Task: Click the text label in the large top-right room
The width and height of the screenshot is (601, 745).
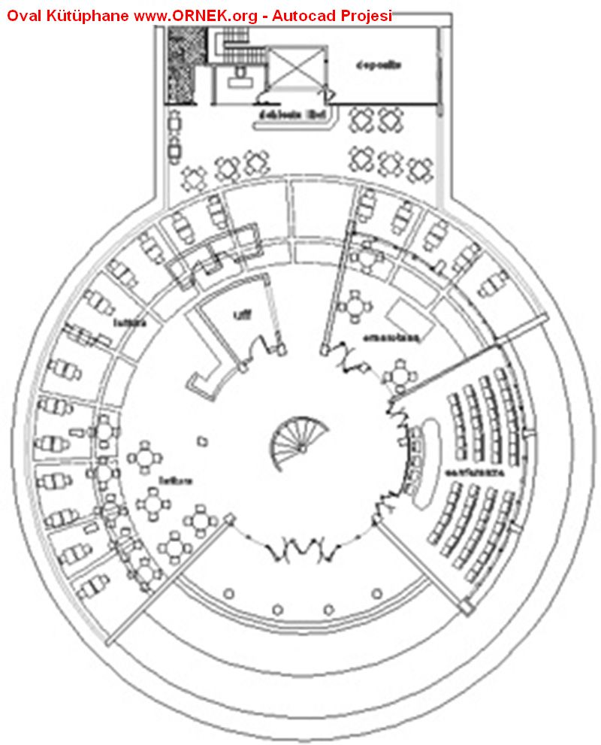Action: pos(379,65)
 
